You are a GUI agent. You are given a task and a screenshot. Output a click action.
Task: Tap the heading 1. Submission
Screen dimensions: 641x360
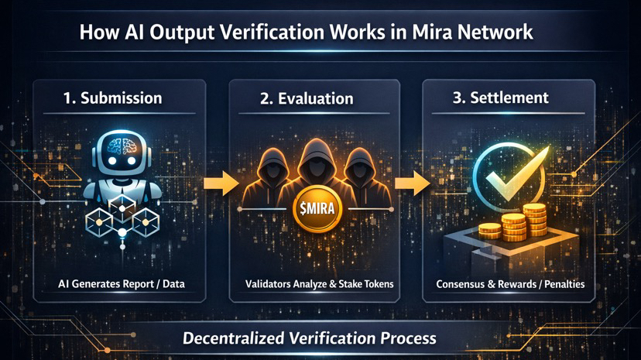(x=112, y=98)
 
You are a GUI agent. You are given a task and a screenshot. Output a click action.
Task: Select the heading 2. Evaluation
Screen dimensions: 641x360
(x=315, y=98)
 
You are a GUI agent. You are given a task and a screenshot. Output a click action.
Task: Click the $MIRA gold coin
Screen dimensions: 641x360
(x=314, y=210)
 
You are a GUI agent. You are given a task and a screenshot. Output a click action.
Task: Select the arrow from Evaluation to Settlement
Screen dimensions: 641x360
(x=413, y=184)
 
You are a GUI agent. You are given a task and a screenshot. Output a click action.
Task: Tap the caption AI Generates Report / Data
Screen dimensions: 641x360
(x=122, y=284)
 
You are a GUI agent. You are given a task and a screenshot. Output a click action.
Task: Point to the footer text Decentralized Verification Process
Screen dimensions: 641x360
(x=310, y=338)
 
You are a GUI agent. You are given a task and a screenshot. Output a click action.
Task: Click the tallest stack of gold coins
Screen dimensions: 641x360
(x=534, y=221)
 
